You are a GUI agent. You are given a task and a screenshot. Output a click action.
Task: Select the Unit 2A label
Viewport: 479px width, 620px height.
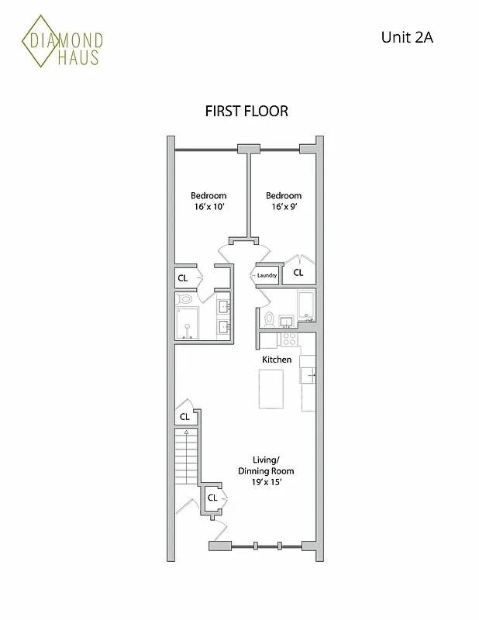[x=406, y=36]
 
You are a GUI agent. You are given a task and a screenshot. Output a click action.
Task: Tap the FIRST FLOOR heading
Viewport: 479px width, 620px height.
[x=246, y=111]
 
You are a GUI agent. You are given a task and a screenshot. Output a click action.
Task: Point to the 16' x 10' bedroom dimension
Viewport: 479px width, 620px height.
[x=208, y=208]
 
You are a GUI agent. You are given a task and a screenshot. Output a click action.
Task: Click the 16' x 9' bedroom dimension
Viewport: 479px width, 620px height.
[x=284, y=208]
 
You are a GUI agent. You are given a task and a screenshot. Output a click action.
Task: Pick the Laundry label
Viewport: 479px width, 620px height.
[x=267, y=275]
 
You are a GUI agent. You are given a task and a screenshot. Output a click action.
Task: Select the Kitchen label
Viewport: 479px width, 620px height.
[x=277, y=360]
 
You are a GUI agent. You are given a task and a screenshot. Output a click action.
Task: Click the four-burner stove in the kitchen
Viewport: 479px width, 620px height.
[x=289, y=339]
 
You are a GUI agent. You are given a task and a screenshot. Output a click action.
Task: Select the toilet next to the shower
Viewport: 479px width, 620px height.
[x=185, y=298]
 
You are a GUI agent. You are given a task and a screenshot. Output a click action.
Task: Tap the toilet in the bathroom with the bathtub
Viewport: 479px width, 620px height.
[x=269, y=319]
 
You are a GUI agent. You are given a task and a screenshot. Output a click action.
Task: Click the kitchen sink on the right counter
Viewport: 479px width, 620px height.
[x=308, y=375]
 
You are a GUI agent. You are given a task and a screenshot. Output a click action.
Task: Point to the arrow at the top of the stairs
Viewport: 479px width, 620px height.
[x=187, y=431]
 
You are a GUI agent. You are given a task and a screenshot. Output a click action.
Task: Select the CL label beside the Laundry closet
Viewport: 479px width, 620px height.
[x=298, y=273]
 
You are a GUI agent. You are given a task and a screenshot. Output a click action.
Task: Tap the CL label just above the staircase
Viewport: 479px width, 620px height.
[x=184, y=417]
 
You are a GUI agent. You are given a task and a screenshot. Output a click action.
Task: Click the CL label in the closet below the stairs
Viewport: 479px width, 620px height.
[x=211, y=498]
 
